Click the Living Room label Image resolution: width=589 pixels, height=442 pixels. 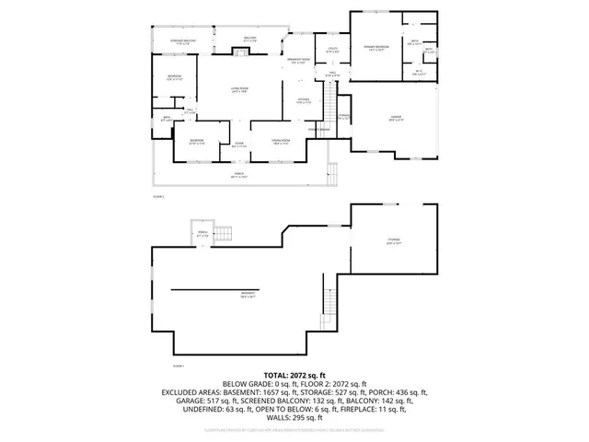(240, 89)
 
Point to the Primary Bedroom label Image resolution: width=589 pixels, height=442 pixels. (375, 48)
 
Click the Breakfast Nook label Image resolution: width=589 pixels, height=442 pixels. (297, 62)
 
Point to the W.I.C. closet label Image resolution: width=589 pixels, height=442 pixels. (419, 73)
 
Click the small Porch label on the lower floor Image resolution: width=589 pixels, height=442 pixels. (202, 236)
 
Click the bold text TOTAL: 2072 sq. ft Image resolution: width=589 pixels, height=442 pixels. (294, 376)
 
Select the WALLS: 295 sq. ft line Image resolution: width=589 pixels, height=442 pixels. (294, 418)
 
